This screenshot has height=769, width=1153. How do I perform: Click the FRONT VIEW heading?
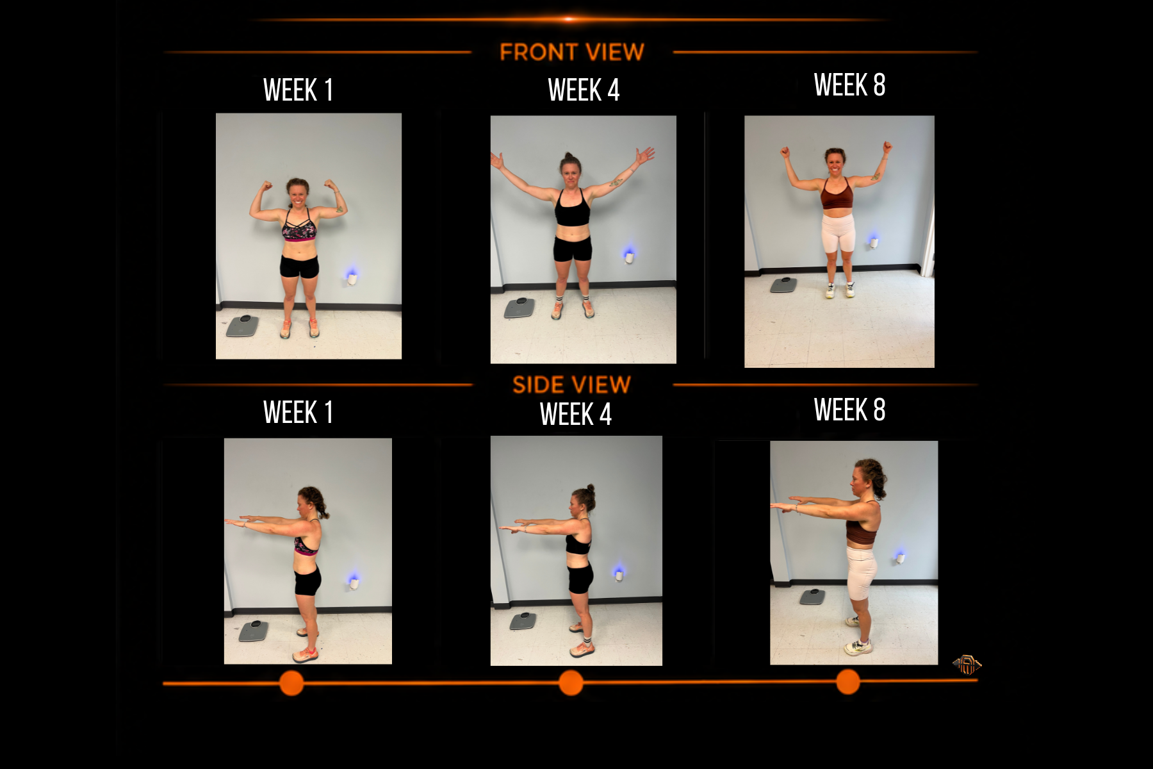click(x=571, y=52)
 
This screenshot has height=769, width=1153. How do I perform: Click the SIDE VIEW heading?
click(x=571, y=384)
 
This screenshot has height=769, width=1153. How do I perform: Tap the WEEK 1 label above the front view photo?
click(x=298, y=90)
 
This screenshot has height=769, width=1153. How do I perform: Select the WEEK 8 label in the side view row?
click(x=849, y=409)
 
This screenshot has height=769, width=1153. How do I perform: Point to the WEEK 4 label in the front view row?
click(x=584, y=90)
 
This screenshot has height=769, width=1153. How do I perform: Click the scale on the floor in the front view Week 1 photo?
click(x=243, y=326)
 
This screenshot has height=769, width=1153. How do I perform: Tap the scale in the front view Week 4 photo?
click(x=519, y=308)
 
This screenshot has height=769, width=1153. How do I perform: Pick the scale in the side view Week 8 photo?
click(x=812, y=597)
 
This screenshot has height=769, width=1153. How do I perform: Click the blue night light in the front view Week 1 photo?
click(x=352, y=276)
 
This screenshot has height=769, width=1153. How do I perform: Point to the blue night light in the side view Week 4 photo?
click(x=618, y=572)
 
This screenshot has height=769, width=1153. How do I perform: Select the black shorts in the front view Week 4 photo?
click(x=572, y=249)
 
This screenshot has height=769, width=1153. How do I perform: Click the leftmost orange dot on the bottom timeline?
click(x=291, y=683)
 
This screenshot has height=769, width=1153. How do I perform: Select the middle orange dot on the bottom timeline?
click(x=571, y=683)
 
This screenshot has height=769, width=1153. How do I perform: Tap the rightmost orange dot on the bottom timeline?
click(x=848, y=682)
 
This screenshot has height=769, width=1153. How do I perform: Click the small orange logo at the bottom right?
click(x=967, y=665)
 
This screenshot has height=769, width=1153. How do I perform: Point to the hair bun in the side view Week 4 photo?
click(x=591, y=489)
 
